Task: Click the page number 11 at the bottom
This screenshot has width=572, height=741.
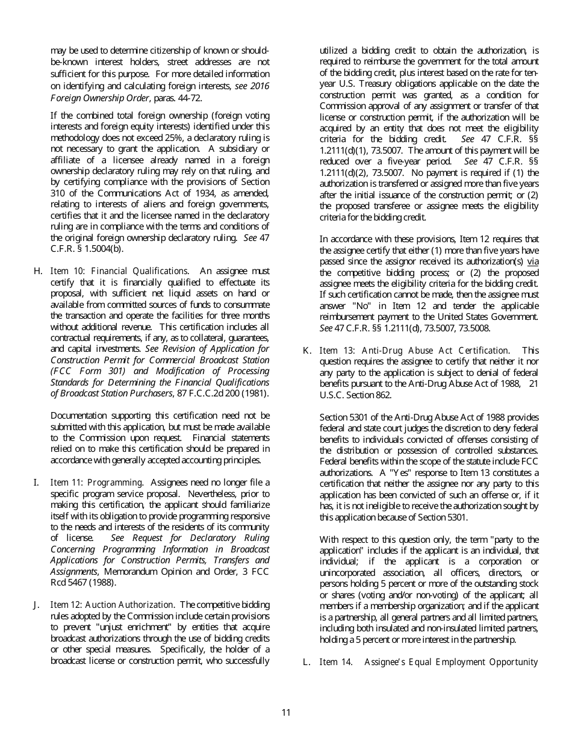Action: click(286, 713)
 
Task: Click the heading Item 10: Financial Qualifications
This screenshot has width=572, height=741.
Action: click(119, 271)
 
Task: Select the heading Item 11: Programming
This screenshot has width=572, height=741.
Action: click(96, 482)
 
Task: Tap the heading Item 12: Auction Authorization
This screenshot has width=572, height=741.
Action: click(113, 605)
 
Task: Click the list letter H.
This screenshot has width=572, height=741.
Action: click(39, 271)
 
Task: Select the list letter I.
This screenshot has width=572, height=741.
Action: click(37, 482)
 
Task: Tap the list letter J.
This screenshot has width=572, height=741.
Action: click(37, 605)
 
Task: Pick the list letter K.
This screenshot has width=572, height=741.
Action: click(307, 351)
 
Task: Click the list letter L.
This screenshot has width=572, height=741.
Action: click(306, 662)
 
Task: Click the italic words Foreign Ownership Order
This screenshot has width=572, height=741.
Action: click(99, 98)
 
